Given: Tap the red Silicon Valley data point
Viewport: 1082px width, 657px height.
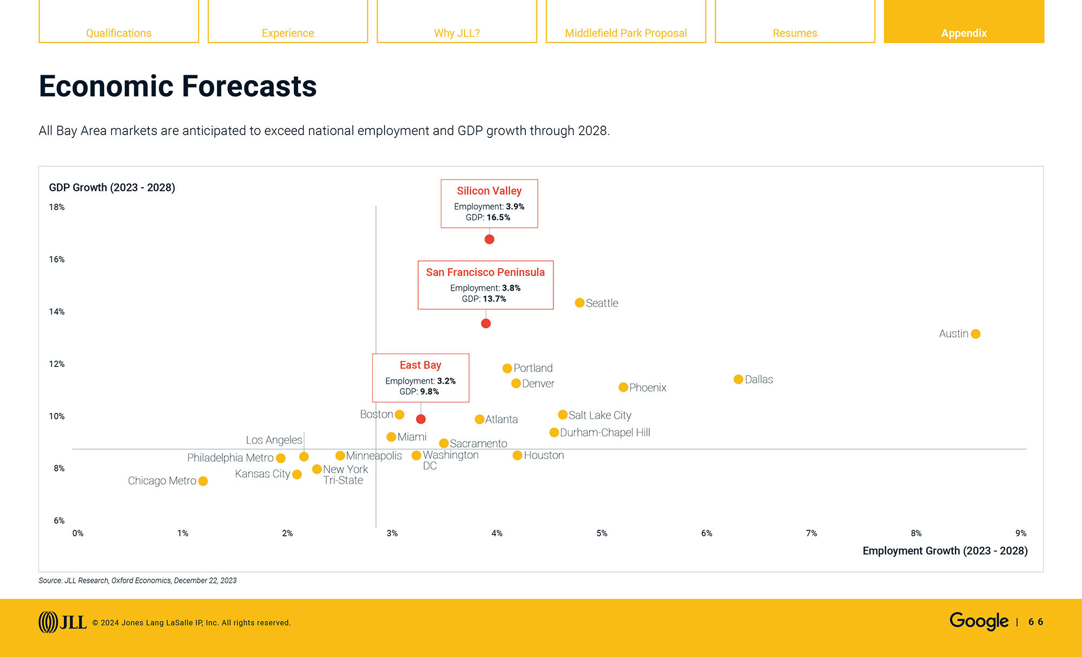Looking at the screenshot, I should pyautogui.click(x=489, y=239).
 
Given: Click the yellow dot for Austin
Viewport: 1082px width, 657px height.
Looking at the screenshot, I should pyautogui.click(x=975, y=334).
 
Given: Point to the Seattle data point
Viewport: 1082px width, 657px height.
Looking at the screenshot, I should pyautogui.click(x=579, y=303).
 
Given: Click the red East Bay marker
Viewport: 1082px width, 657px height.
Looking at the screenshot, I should pyautogui.click(x=421, y=419).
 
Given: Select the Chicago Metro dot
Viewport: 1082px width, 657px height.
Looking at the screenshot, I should pyautogui.click(x=203, y=481).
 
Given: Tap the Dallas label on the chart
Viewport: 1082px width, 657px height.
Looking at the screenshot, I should pyautogui.click(x=758, y=379).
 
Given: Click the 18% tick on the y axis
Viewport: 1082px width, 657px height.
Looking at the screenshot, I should pyautogui.click(x=57, y=207).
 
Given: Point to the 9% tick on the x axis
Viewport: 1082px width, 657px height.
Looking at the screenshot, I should pyautogui.click(x=1020, y=533).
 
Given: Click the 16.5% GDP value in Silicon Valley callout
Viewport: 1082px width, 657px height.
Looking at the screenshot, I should pyautogui.click(x=498, y=218).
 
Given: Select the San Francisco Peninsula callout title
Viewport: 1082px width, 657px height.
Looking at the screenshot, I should pyautogui.click(x=485, y=272).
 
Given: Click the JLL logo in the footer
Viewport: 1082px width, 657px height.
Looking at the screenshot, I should pyautogui.click(x=62, y=622).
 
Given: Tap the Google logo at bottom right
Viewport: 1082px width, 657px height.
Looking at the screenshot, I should pyautogui.click(x=979, y=621).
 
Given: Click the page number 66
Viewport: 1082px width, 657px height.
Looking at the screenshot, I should pyautogui.click(x=1035, y=622).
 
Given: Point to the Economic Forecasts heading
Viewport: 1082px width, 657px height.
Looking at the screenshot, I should pyautogui.click(x=177, y=86).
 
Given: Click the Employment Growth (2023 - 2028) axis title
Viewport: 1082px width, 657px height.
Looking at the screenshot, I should pyautogui.click(x=945, y=550).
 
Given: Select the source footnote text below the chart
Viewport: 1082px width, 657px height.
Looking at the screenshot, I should pyautogui.click(x=137, y=580).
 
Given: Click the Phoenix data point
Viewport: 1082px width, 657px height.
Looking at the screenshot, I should pyautogui.click(x=623, y=387).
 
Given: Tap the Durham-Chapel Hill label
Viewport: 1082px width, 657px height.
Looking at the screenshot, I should pyautogui.click(x=605, y=432).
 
